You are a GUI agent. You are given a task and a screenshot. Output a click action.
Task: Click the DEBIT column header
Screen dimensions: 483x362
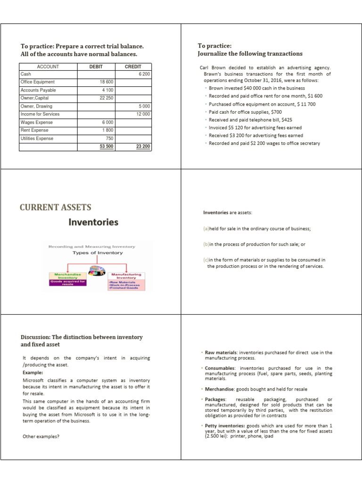point(96,67)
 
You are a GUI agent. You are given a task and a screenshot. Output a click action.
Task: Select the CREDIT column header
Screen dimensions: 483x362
point(133,67)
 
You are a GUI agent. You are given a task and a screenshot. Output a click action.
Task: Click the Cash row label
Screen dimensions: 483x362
point(25,75)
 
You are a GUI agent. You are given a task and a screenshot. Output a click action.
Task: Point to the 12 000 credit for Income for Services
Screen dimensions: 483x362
point(142,114)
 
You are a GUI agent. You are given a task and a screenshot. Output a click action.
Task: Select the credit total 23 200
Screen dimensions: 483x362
point(142,146)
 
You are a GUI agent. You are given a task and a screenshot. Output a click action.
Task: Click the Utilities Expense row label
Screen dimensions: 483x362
point(37,139)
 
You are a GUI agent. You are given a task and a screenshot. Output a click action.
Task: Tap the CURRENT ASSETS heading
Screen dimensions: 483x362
point(56,208)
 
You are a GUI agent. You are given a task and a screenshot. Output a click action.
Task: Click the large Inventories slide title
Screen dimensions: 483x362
point(93,222)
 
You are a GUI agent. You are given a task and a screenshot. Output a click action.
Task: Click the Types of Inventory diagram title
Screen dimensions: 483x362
point(97,253)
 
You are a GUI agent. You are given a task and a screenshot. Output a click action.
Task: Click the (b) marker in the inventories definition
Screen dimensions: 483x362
point(206,244)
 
